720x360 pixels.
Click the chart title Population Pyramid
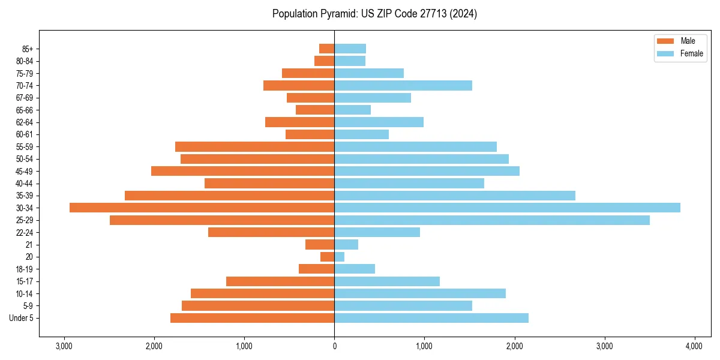pos(374,14)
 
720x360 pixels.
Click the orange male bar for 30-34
pos(202,208)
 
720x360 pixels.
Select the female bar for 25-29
pos(492,220)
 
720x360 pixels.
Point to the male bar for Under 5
pos(252,318)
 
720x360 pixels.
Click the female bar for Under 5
pos(431,318)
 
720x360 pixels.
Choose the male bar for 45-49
pos(242,171)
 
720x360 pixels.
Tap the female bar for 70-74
pos(403,85)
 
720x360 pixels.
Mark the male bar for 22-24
pos(271,232)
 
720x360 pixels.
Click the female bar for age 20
pos(340,257)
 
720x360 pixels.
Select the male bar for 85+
pos(327,49)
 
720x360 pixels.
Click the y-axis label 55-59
pos(24,146)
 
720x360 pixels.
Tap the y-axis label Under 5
pos(22,318)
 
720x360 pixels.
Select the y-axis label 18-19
pos(24,269)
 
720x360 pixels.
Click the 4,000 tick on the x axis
pos(694,346)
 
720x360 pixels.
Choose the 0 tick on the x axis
pos(334,346)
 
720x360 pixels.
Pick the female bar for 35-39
pos(455,196)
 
